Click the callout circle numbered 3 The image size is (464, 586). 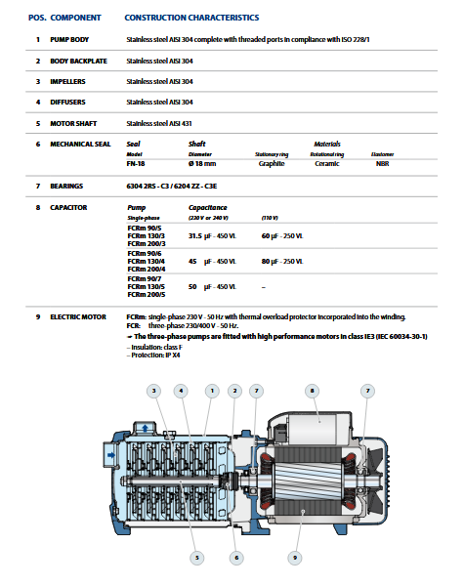click(x=153, y=391)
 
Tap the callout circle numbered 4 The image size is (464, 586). click(x=181, y=391)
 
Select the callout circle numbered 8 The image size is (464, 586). click(x=313, y=391)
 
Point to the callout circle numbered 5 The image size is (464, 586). click(x=197, y=558)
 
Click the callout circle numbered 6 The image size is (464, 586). click(x=236, y=558)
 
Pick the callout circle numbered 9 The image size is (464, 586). click(x=295, y=558)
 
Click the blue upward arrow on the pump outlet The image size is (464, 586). click(x=146, y=429)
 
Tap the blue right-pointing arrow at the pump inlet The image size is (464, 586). click(x=111, y=455)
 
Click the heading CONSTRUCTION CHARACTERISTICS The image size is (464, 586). click(x=191, y=18)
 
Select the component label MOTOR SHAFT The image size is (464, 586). click(x=73, y=123)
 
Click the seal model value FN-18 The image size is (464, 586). click(x=136, y=164)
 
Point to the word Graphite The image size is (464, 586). click(x=272, y=164)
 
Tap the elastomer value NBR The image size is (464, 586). click(x=383, y=164)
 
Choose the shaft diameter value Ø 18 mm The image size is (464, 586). click(x=202, y=164)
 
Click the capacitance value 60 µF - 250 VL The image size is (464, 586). click(x=282, y=235)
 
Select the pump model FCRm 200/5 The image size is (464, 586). click(x=147, y=295)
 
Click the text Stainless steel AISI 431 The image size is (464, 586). click(x=159, y=123)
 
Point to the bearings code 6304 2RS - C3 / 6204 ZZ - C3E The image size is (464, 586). click(x=172, y=187)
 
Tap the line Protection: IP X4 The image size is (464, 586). click(x=153, y=356)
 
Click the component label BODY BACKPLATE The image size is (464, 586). click(x=78, y=61)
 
